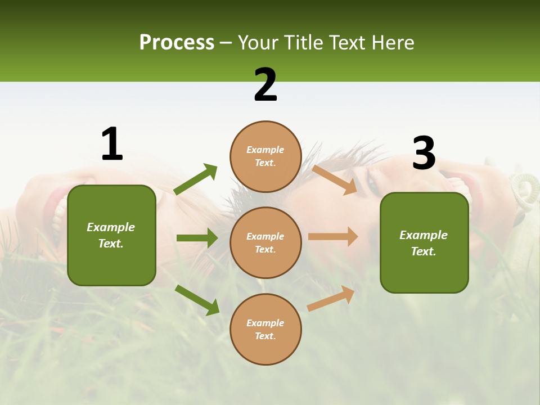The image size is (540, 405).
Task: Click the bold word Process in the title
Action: click(177, 43)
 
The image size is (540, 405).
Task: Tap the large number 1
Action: click(112, 144)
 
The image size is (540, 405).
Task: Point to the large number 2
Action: click(265, 85)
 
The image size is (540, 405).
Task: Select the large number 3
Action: click(424, 153)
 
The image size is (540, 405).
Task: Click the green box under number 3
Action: click(424, 270)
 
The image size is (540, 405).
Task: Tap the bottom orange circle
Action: click(265, 349)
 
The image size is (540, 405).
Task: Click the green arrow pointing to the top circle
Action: click(196, 179)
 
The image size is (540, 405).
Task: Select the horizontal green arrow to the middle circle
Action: click(197, 238)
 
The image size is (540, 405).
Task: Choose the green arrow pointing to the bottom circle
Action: click(197, 300)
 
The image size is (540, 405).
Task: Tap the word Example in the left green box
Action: click(111, 227)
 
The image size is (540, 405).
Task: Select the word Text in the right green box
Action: click(422, 251)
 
